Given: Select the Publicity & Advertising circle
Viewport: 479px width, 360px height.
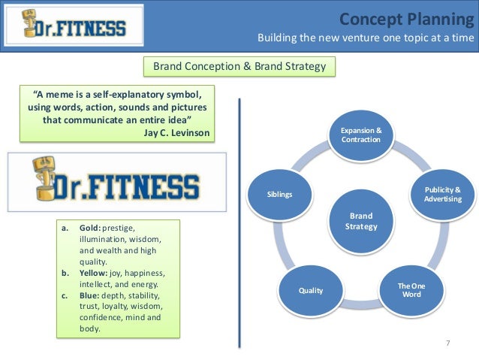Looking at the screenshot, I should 443,193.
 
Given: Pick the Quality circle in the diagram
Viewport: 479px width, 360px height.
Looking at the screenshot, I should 310,289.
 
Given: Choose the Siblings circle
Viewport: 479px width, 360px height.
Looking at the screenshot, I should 279,194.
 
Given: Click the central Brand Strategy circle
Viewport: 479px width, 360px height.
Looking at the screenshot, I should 360,220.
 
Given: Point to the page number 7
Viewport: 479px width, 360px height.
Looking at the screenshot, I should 447,343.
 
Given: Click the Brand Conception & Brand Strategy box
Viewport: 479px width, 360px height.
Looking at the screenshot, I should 239,67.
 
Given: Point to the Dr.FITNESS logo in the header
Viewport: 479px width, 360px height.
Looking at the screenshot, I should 73,26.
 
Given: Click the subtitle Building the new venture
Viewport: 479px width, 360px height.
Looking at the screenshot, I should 366,38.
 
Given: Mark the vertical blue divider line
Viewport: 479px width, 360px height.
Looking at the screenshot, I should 239,225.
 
